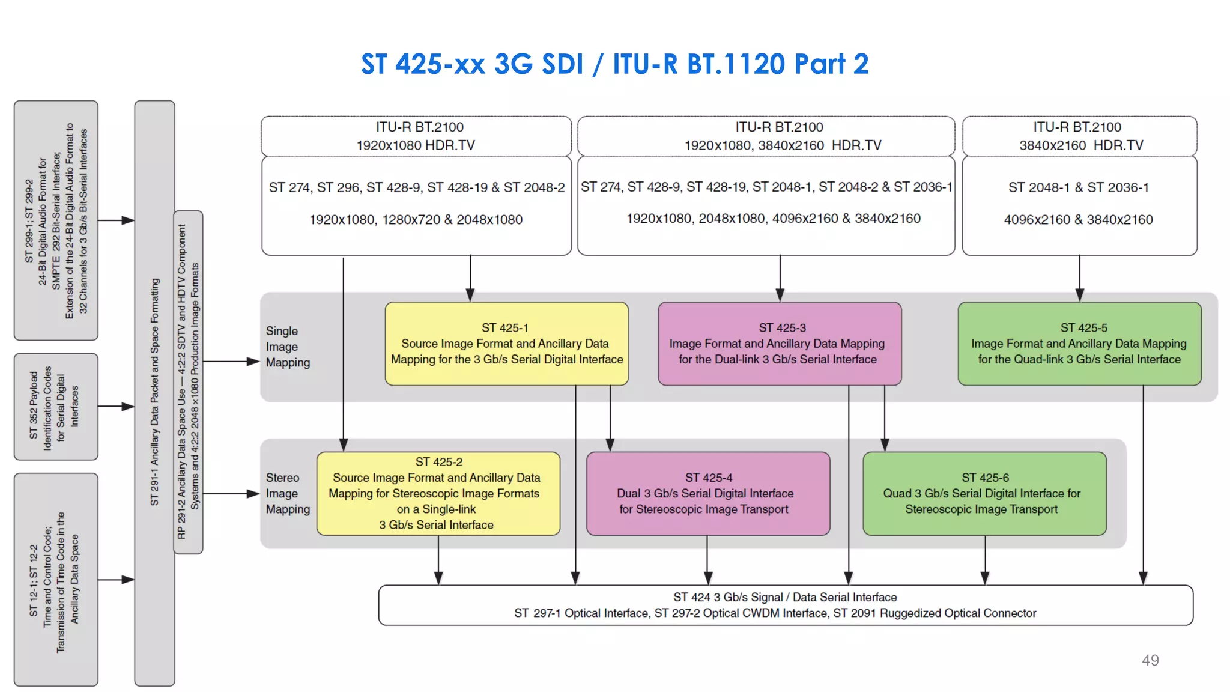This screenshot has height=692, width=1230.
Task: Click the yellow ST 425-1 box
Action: coord(506,344)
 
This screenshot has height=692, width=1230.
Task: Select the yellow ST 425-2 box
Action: coord(438,493)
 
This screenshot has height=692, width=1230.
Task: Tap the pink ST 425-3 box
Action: coord(779,344)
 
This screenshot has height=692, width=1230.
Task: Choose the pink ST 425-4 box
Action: coord(707,493)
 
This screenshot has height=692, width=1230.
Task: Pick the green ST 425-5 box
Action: coord(1079,344)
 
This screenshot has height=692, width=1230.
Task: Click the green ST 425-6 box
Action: coord(984,493)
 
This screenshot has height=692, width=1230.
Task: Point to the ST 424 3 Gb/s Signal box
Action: coord(785,605)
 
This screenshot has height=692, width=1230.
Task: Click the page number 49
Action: coord(1150,660)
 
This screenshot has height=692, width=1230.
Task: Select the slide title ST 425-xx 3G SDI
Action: coord(614,64)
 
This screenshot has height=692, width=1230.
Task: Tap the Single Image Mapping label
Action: coord(288,347)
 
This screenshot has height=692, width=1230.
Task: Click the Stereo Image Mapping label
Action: coord(288,493)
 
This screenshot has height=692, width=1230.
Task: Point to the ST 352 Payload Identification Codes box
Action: coord(56,407)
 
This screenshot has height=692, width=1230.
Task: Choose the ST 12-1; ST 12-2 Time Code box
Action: coord(56,580)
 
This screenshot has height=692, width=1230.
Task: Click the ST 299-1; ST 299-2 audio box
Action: coord(56,220)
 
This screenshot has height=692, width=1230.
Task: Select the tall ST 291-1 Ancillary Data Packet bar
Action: coord(154,393)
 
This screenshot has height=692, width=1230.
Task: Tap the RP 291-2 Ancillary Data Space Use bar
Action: coord(188,382)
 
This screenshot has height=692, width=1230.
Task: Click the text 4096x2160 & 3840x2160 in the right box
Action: coord(1078,220)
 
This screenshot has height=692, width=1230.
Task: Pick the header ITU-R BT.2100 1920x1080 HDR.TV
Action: coord(416,136)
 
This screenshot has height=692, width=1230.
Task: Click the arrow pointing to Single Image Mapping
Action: coord(231,362)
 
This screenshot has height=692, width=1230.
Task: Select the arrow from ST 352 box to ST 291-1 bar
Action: coord(117,407)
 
